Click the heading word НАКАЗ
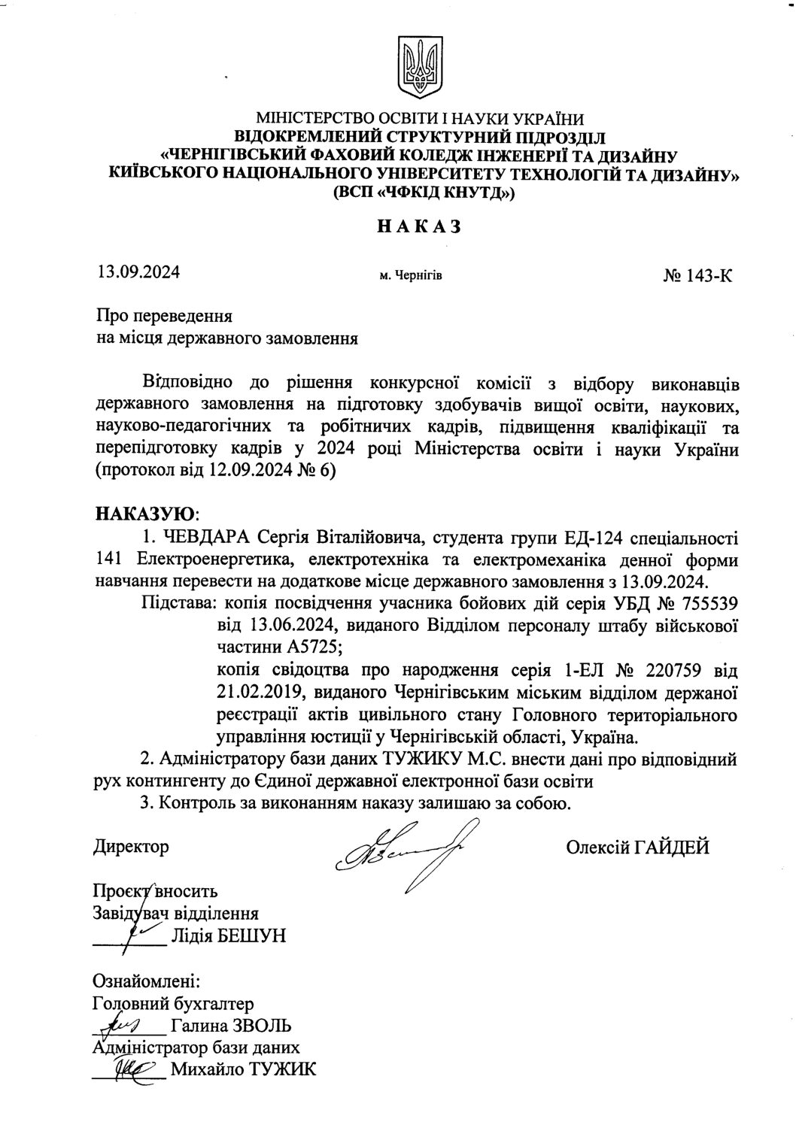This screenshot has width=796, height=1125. click(418, 226)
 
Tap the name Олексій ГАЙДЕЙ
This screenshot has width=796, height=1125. click(638, 848)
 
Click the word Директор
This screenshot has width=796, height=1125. click(131, 848)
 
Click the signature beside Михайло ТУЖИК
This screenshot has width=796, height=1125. click(133, 1068)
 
